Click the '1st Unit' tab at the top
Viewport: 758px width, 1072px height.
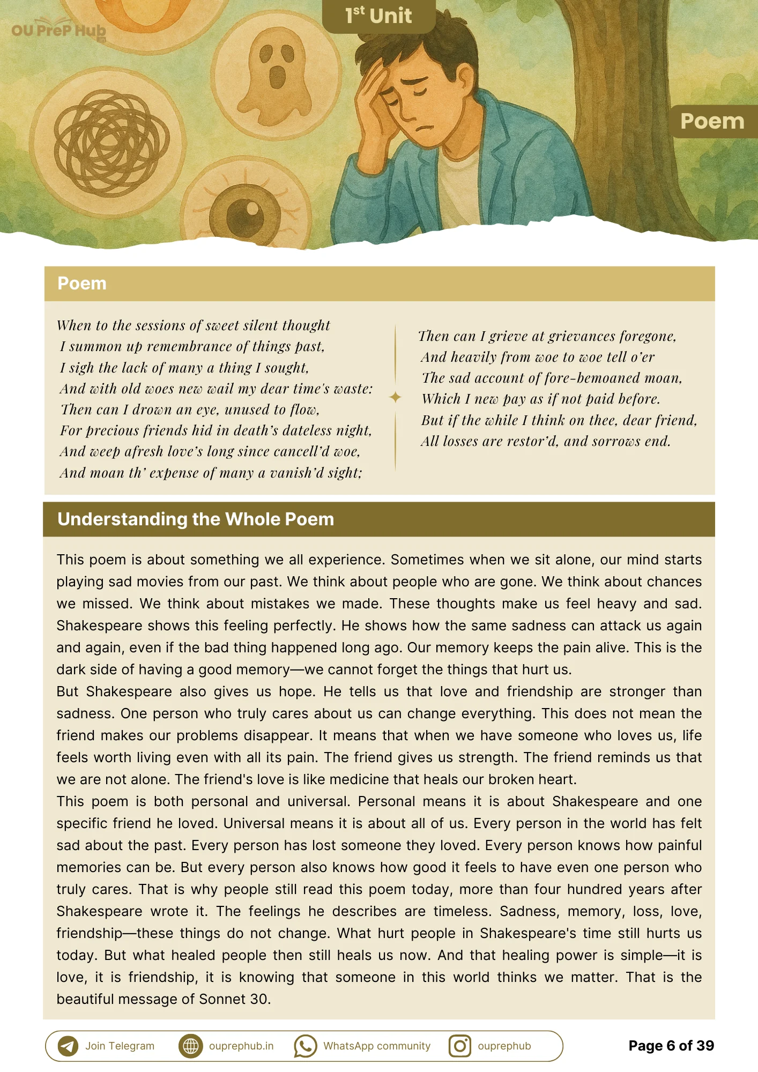378,16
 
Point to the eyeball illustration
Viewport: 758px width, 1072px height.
245,215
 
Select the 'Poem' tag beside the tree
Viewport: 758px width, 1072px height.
712,122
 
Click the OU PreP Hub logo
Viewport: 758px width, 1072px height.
58,31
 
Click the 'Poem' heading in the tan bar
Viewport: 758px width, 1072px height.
82,284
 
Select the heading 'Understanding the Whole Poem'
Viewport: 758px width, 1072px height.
196,519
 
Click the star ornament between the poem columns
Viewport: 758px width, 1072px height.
395,397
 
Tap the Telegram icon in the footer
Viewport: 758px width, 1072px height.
68,1046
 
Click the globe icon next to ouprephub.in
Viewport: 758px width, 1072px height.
190,1046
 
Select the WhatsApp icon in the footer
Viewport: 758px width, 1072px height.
305,1046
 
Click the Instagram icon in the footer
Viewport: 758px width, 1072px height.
459,1046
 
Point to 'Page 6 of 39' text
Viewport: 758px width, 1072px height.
671,1046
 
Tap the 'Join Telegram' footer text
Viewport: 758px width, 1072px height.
120,1046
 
